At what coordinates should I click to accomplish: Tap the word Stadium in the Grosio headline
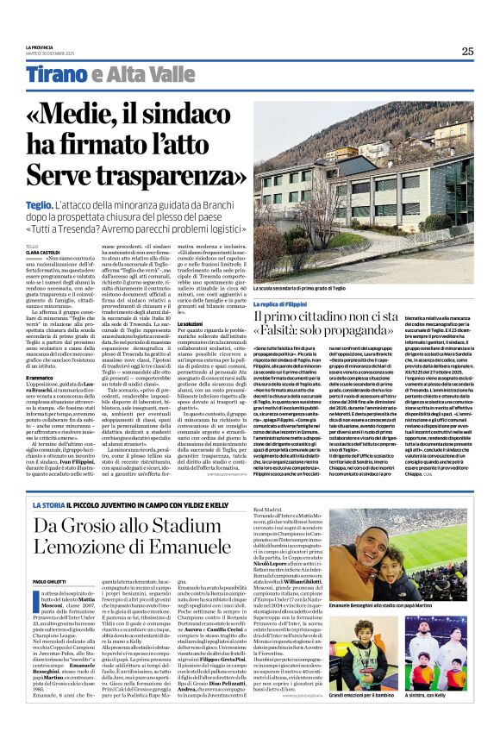coord(206,525)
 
